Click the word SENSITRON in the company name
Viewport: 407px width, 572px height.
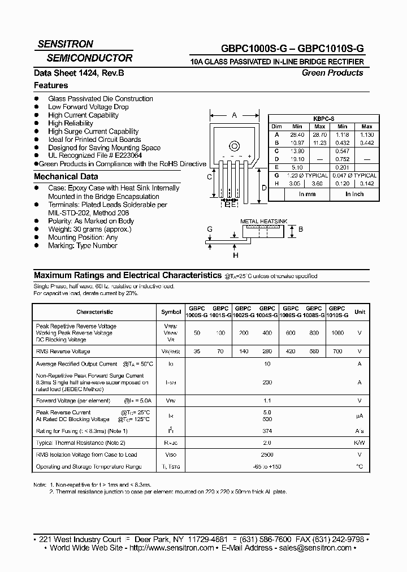65,44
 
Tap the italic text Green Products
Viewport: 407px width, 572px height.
332,72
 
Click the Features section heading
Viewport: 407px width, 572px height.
51,85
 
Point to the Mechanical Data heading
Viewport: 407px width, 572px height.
66,176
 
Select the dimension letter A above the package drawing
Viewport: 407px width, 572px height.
234,115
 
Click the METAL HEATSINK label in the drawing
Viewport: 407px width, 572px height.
264,221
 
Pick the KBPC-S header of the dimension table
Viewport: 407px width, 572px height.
323,119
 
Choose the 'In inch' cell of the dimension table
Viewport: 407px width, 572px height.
354,194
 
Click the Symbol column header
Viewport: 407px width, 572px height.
171,311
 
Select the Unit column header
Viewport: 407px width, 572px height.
360,311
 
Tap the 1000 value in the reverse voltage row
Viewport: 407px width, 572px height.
337,333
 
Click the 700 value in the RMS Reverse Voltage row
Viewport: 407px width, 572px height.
337,351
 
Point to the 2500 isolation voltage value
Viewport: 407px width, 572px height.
267,454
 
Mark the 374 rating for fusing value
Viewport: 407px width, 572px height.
267,431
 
